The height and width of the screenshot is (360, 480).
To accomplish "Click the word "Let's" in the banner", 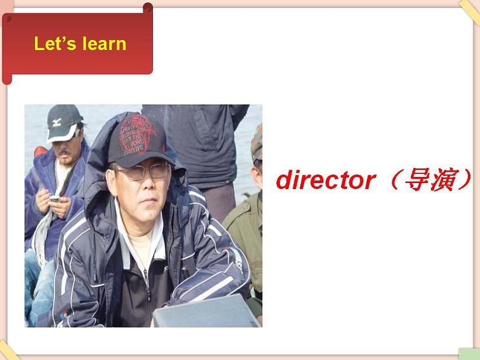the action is (55, 43).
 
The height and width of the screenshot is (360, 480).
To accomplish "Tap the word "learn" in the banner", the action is (105, 43).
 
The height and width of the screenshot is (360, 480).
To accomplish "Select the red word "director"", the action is (326, 181).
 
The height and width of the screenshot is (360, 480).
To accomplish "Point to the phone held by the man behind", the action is (55, 198).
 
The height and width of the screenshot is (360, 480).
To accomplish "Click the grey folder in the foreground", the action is (205, 312).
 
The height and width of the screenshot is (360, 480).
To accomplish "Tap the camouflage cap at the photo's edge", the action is (256, 144).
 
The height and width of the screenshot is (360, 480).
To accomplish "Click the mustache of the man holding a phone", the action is (64, 153).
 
